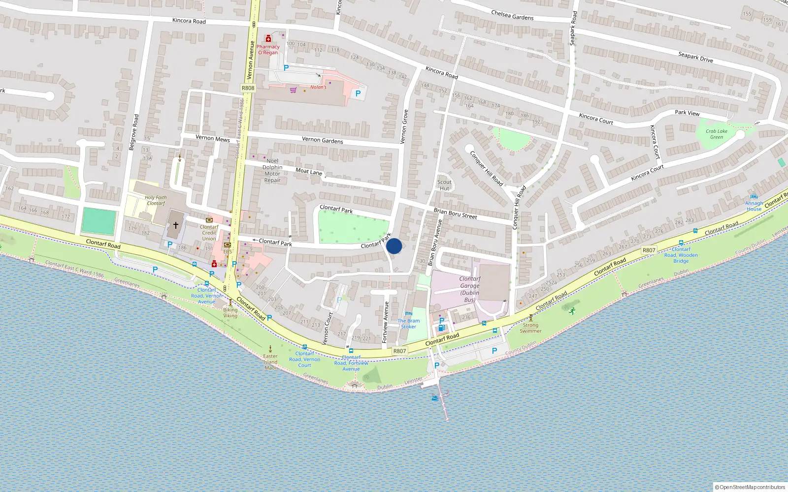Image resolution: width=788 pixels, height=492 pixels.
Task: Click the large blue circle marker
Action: (x=394, y=246)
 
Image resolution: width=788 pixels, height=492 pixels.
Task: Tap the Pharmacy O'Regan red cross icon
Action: (x=268, y=38)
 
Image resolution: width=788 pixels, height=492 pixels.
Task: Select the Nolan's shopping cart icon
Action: (x=293, y=90)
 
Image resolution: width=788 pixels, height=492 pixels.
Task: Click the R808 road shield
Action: (x=248, y=88)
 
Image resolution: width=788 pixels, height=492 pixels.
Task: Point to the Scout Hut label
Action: (x=444, y=185)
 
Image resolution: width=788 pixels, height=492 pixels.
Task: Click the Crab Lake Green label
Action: (x=716, y=134)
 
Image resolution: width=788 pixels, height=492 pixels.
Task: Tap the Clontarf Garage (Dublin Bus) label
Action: (x=469, y=289)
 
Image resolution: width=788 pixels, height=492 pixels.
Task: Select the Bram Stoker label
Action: (x=409, y=323)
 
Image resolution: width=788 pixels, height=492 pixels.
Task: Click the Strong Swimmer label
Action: (x=530, y=328)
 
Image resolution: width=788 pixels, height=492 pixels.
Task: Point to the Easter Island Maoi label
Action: (x=270, y=362)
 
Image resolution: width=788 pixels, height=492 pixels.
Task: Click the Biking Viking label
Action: (x=230, y=312)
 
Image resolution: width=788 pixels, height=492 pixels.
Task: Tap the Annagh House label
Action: (x=754, y=206)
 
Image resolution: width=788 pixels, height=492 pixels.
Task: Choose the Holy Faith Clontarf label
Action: (x=156, y=200)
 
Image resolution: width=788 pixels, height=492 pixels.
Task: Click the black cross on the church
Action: (x=175, y=225)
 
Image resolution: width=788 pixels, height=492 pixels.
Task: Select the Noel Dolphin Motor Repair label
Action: (x=272, y=170)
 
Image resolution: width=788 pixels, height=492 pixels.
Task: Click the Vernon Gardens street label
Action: (x=322, y=140)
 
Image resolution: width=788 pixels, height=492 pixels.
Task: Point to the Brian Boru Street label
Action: (x=455, y=213)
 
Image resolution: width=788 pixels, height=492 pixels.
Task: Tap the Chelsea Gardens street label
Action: (x=512, y=15)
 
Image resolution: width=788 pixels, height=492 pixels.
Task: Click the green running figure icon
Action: (x=572, y=310)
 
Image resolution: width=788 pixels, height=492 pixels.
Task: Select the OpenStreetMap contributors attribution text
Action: (x=750, y=487)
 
